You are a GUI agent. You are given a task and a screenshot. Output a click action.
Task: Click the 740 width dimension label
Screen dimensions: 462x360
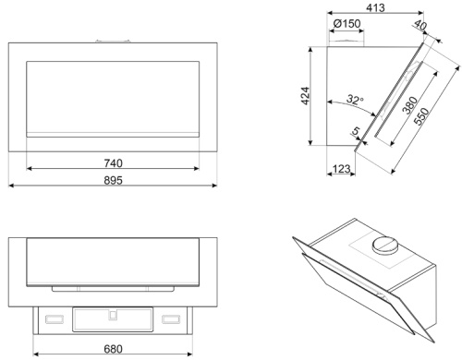click(113, 163)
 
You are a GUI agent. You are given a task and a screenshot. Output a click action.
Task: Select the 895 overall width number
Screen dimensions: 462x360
click(113, 180)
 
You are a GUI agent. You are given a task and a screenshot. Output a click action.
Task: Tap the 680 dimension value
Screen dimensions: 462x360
click(113, 349)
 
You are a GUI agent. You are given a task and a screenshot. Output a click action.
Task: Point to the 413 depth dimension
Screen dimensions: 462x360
click(375, 7)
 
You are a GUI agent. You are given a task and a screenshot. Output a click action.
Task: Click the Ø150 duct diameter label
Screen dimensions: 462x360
click(346, 23)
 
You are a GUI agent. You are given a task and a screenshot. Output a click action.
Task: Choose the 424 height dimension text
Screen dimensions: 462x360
click(305, 96)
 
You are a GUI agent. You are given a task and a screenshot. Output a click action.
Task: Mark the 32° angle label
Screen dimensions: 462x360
click(355, 100)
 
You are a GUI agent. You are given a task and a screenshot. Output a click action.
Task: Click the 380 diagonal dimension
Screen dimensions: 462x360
click(410, 105)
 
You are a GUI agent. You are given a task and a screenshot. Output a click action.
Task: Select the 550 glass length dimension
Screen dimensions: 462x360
click(421, 116)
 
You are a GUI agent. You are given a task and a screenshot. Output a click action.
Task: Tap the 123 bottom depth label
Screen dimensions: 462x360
click(342, 169)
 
